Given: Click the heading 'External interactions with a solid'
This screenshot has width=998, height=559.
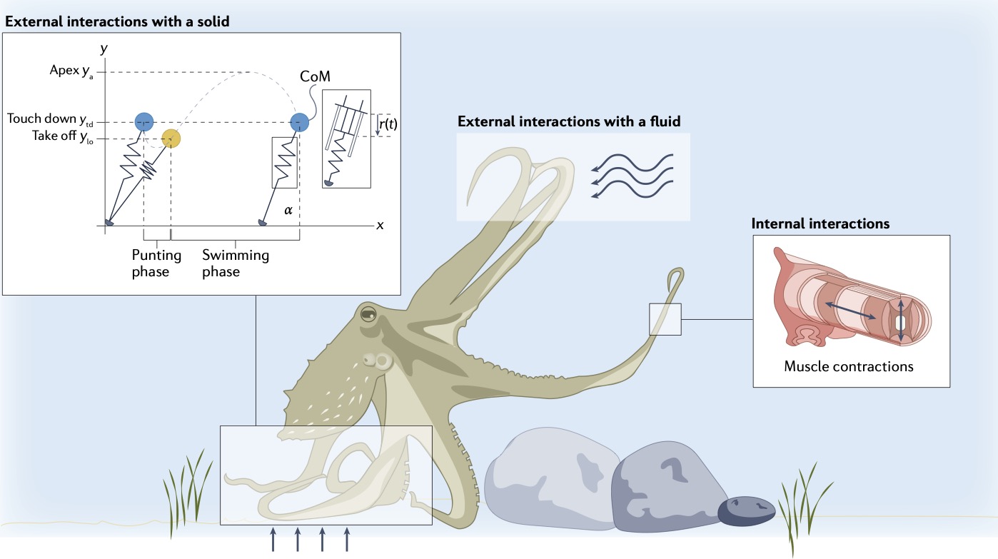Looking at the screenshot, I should (x=117, y=22).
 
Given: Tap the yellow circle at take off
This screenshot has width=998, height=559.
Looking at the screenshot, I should (x=171, y=138).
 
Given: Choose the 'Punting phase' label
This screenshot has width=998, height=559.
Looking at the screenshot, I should (x=156, y=263).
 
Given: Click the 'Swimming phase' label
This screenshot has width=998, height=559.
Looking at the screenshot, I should (x=236, y=263).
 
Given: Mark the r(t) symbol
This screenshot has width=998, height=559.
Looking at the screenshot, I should (x=387, y=123).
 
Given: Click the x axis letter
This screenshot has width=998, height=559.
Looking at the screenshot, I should (x=380, y=225).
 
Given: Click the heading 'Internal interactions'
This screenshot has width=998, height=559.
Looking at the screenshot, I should (x=820, y=223).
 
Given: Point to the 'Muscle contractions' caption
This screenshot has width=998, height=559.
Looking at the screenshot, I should (x=849, y=367).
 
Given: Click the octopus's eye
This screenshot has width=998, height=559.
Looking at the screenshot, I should (x=368, y=315).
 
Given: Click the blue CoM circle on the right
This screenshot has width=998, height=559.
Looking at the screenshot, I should (x=300, y=122).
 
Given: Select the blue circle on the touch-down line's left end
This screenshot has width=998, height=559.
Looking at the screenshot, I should (x=144, y=122).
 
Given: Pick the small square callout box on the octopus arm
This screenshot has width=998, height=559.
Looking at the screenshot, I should (x=665, y=318).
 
